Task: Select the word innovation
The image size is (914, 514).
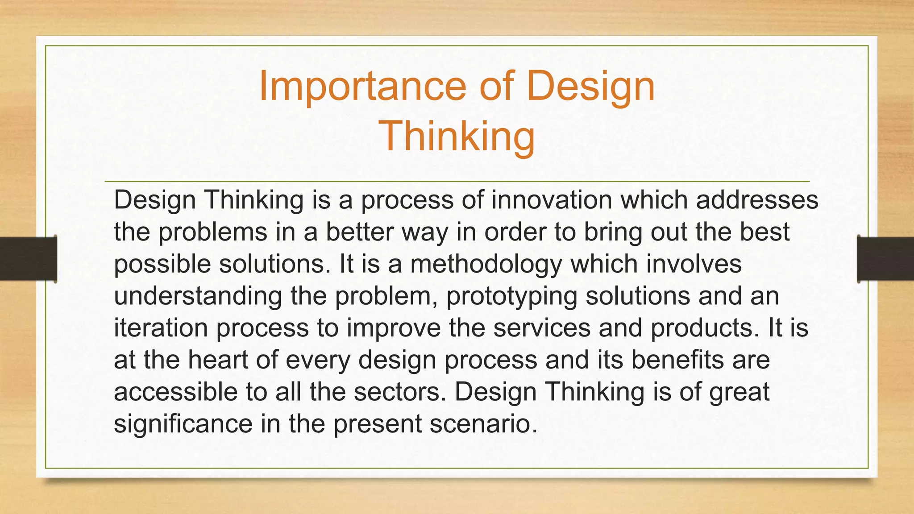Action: (x=552, y=200)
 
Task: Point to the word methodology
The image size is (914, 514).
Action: (x=486, y=264)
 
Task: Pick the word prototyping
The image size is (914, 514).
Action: (x=511, y=296)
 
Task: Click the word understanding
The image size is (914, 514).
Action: (x=198, y=296)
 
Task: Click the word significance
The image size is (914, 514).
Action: (x=183, y=424)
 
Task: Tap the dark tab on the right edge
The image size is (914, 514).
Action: (x=885, y=259)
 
